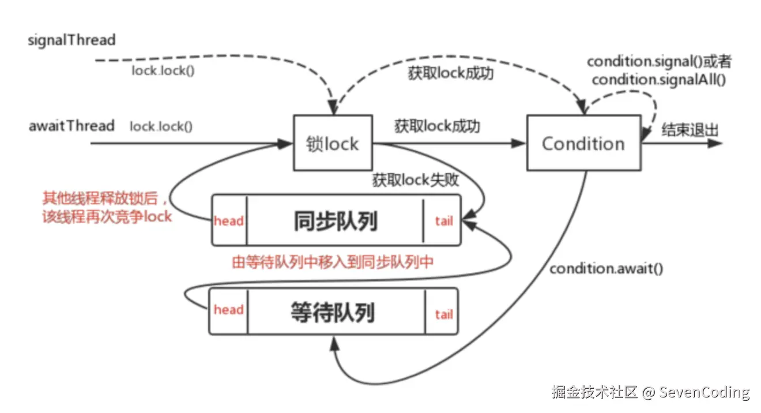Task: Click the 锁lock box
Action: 333,143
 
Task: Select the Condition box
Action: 583,143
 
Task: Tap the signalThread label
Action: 72,40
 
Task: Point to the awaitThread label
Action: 71,125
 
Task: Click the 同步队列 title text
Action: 335,220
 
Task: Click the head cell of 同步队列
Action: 229,221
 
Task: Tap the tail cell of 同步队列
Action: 443,221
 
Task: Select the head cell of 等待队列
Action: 228,310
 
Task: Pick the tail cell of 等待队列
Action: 443,314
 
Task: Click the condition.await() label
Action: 606,269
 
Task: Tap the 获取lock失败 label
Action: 416,180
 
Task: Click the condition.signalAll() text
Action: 659,80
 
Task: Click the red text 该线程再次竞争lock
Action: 107,217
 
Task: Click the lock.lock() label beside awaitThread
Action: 161,126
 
